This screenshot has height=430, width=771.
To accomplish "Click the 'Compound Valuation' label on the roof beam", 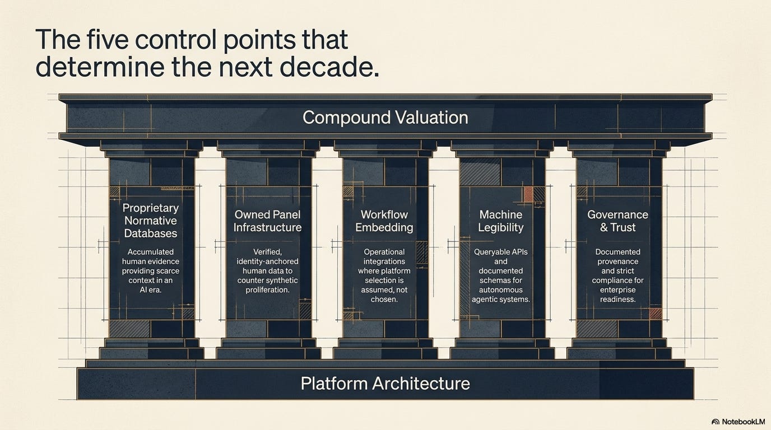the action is point(385,118).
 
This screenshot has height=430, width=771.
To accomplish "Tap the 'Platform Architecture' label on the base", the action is point(385,384).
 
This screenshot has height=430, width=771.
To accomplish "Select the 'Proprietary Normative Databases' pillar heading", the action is point(151,221).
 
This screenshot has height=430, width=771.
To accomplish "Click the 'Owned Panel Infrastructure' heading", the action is point(267,221).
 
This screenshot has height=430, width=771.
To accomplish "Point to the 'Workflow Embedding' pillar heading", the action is point(384,221).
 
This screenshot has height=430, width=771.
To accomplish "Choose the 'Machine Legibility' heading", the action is point(501,221).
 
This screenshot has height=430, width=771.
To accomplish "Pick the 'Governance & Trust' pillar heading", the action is point(618,221).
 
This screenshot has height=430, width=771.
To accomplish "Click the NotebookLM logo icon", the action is point(715,422).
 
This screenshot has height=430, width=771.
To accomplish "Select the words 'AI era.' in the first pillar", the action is point(151,290).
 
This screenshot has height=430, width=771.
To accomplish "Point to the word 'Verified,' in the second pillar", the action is point(267,252).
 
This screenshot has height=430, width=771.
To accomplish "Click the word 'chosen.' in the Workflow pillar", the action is point(384,300).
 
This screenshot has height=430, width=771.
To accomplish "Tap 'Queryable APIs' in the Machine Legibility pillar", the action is point(501,252).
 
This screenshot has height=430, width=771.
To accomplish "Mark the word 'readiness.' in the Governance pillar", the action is point(618,300).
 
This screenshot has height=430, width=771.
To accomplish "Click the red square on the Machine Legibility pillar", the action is point(528,194).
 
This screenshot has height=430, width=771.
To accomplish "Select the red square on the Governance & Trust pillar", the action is point(656,314).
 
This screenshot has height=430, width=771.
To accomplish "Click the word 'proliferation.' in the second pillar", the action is point(267,290).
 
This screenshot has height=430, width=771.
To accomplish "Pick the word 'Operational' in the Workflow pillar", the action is point(384,252).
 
